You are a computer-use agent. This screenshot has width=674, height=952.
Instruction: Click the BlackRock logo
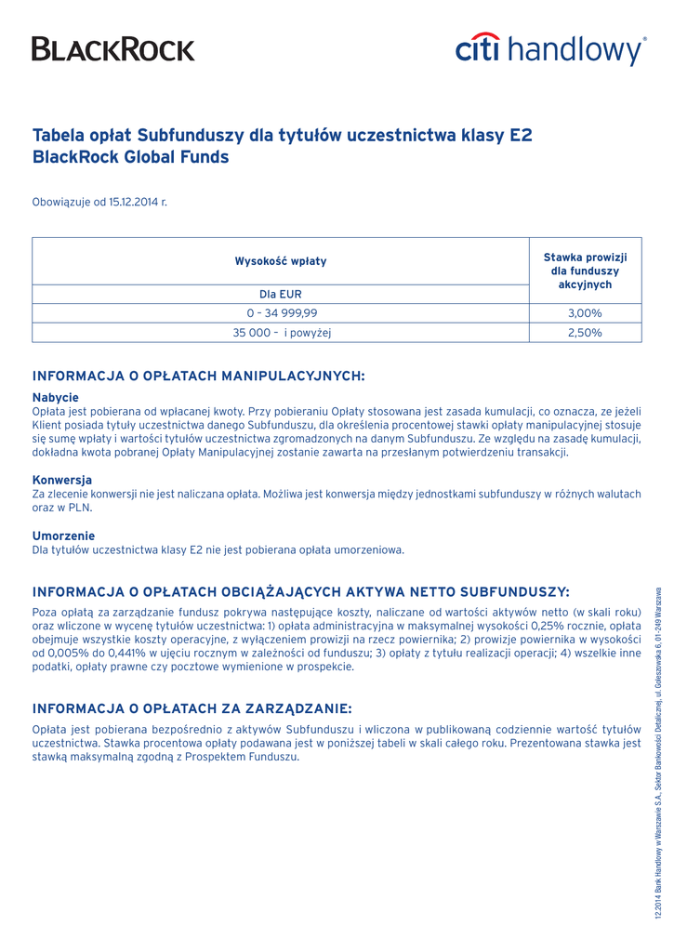[x=113, y=48]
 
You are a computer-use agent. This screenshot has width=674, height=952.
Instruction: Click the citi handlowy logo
[x=550, y=48]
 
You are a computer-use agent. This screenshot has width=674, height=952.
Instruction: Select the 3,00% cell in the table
[x=585, y=313]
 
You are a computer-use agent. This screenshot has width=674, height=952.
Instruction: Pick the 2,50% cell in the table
[x=585, y=332]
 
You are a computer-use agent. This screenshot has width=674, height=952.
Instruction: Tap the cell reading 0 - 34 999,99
[x=281, y=313]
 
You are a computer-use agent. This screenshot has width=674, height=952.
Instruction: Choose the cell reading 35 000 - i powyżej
[x=281, y=332]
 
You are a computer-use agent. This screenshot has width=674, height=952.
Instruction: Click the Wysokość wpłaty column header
[x=281, y=261]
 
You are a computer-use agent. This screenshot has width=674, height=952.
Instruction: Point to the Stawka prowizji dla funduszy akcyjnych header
[x=585, y=270]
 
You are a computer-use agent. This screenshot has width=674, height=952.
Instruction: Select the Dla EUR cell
[x=281, y=294]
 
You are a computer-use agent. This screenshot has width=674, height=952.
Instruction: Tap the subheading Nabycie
[x=56, y=397]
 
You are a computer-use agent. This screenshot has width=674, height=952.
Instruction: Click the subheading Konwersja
[x=62, y=480]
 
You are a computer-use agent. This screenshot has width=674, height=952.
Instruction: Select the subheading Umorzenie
[x=63, y=535]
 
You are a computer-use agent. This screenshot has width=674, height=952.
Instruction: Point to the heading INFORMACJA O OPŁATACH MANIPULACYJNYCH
[x=199, y=376]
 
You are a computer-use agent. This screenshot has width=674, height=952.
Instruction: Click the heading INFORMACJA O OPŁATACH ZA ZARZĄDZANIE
[x=192, y=708]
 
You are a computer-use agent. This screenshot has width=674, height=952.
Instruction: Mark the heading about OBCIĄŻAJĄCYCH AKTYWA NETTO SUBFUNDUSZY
[x=301, y=591]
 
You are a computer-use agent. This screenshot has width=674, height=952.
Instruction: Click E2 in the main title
[x=520, y=136]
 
